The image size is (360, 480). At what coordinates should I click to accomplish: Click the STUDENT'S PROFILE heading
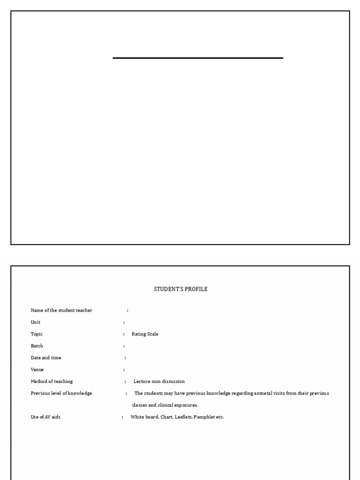pyautogui.click(x=180, y=289)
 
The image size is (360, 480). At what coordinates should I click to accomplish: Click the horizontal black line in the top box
pyautogui.click(x=198, y=58)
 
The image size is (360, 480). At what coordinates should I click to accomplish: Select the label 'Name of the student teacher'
pyautogui.click(x=61, y=310)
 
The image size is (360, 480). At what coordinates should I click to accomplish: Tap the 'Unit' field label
pyautogui.click(x=36, y=322)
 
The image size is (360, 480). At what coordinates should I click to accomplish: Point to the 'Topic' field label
pyautogui.click(x=37, y=334)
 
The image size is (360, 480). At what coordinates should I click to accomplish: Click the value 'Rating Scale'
pyautogui.click(x=145, y=334)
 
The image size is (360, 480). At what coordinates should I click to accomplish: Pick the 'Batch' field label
pyautogui.click(x=37, y=346)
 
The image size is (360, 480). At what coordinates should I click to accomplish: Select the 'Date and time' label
pyautogui.click(x=46, y=358)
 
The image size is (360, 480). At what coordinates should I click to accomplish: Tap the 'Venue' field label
pyautogui.click(x=37, y=370)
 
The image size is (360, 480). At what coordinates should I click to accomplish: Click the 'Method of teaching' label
pyautogui.click(x=52, y=382)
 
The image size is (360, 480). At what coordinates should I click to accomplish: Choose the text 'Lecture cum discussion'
pyautogui.click(x=159, y=382)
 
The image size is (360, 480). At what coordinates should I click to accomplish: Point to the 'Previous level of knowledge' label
pyautogui.click(x=61, y=393)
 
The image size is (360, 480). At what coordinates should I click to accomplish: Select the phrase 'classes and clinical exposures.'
pyautogui.click(x=165, y=405)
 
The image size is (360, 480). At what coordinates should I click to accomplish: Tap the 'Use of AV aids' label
pyautogui.click(x=45, y=417)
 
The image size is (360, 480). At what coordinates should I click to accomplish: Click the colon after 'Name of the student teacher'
pyautogui.click(x=127, y=311)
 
